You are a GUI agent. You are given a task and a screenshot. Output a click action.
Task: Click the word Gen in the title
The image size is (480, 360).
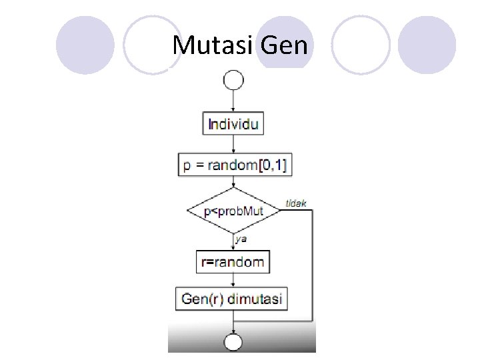(285, 45)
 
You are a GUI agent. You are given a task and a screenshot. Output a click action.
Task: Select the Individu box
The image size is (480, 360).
(233, 124)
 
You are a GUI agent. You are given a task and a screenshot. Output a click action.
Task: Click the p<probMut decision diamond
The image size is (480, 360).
(233, 211)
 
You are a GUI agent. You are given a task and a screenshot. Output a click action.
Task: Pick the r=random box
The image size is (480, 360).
(233, 262)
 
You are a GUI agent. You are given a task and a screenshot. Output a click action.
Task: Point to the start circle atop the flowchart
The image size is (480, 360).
(233, 81)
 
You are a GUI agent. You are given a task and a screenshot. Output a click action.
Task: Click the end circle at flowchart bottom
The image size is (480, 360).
(233, 343)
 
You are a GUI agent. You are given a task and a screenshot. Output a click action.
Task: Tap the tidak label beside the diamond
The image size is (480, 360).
(296, 203)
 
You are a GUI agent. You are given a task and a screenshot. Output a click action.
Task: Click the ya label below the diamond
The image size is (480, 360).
(241, 238)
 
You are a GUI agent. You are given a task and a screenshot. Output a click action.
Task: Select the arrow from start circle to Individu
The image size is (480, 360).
(233, 101)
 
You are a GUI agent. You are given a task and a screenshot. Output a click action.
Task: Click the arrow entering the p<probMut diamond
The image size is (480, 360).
(233, 183)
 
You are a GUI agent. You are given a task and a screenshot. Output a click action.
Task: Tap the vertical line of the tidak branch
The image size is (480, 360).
(312, 267)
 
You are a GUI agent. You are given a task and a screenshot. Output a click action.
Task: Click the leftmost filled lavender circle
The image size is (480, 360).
(85, 45)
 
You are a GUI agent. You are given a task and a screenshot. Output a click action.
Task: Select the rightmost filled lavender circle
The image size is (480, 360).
(427, 45)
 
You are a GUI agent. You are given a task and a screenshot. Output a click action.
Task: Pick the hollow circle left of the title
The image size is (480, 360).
(153, 45)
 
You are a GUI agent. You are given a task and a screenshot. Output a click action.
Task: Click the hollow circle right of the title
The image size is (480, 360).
(361, 45)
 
